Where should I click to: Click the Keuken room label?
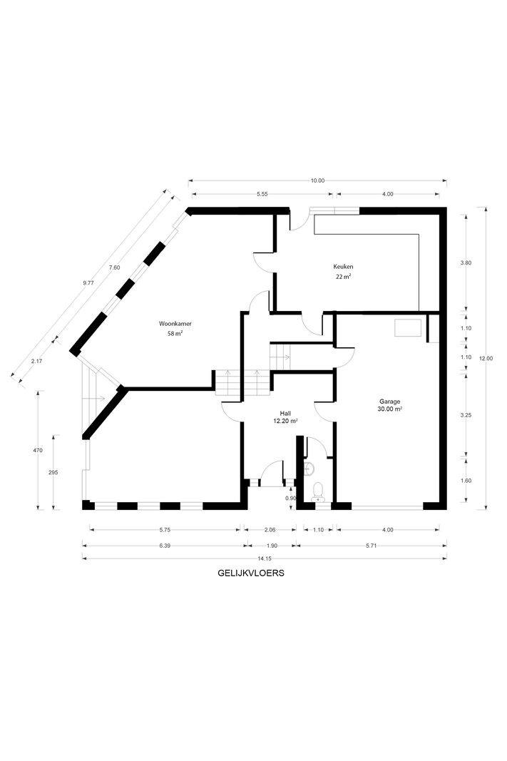click(x=343, y=267)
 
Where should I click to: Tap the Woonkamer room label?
click(x=172, y=324)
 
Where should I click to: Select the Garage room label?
click(x=389, y=402)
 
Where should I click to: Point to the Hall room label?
click(x=285, y=414)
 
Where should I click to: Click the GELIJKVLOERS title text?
click(x=251, y=573)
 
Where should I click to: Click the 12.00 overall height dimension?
click(x=486, y=358)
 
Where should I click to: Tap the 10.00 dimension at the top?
click(x=318, y=180)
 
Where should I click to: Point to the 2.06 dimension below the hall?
click(x=270, y=530)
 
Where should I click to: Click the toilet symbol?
click(x=318, y=491)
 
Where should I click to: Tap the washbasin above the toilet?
click(x=309, y=469)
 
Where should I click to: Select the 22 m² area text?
click(x=344, y=277)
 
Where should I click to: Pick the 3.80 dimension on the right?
click(x=466, y=262)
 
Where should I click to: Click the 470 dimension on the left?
click(x=38, y=450)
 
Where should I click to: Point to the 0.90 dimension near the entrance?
click(x=291, y=498)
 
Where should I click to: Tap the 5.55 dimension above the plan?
click(x=262, y=194)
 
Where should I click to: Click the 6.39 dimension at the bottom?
click(x=165, y=546)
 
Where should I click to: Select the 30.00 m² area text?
click(x=389, y=409)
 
